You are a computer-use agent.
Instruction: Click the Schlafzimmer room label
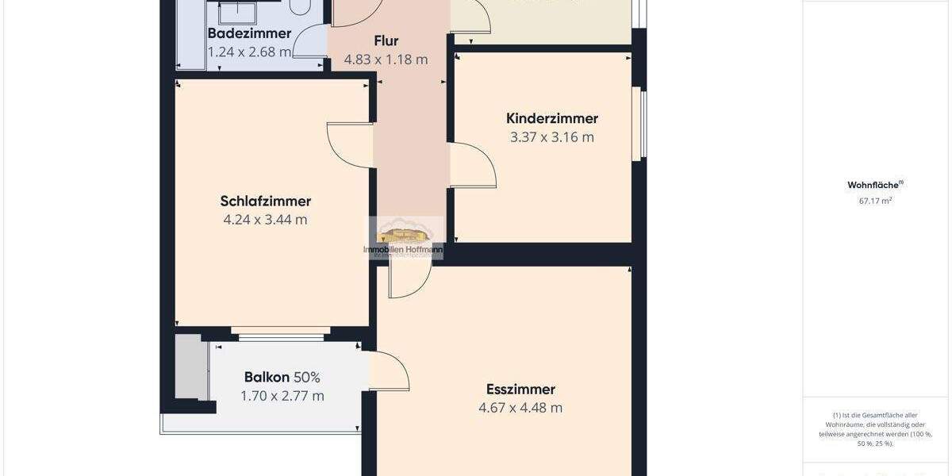point(265,202)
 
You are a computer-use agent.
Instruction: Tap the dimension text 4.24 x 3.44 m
point(265,220)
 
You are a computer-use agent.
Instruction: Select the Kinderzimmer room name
point(552,118)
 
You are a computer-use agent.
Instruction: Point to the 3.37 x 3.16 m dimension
point(552,136)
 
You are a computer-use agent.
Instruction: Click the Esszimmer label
point(520,390)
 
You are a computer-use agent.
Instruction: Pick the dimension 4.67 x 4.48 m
point(520,408)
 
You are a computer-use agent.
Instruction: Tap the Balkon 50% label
point(282,378)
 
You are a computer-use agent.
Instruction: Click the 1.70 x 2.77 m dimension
point(282,396)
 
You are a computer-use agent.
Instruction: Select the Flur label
point(386,40)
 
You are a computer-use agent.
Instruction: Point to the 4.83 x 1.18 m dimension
point(386,59)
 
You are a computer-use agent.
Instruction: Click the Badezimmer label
point(249,33)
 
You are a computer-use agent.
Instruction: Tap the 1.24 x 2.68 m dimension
point(249,52)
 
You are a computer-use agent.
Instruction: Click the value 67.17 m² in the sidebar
point(875,201)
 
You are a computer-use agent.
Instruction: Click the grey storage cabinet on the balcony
point(188,367)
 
